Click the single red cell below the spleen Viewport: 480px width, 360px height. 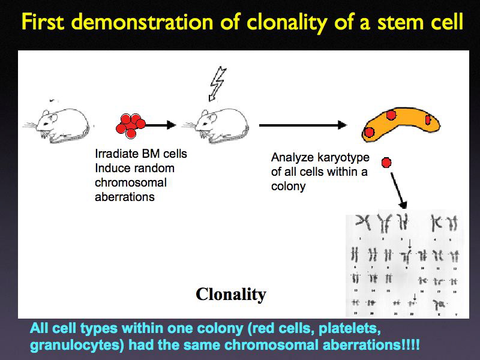(386, 162)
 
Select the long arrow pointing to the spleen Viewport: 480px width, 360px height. (303, 125)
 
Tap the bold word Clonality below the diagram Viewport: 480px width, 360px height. (230, 294)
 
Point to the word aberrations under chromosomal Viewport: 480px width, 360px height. (124, 197)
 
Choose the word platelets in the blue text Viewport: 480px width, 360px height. (351, 330)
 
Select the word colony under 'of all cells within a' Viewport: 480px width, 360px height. (289, 186)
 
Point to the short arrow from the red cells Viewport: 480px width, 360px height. (159, 125)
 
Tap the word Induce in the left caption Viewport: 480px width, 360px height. (110, 168)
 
